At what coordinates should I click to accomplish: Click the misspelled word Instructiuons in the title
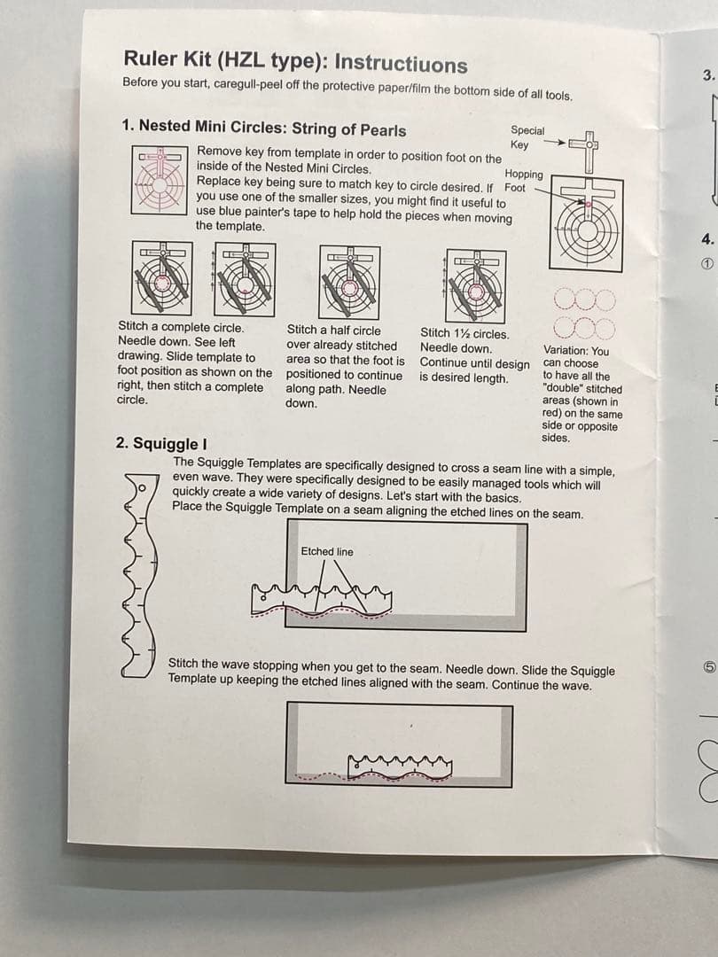pyautogui.click(x=402, y=64)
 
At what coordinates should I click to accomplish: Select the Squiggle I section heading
pyautogui.click(x=161, y=443)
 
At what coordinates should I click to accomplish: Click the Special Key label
pyautogui.click(x=527, y=137)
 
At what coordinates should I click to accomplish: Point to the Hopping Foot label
pyautogui.click(x=523, y=181)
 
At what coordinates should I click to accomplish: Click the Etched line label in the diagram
pyautogui.click(x=326, y=551)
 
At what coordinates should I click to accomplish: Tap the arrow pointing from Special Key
pyautogui.click(x=554, y=142)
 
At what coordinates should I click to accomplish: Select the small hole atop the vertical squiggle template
pyautogui.click(x=142, y=487)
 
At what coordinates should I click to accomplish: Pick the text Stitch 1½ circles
pyautogui.click(x=464, y=333)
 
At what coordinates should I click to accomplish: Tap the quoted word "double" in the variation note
pyautogui.click(x=562, y=388)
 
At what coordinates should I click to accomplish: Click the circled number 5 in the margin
pyautogui.click(x=708, y=667)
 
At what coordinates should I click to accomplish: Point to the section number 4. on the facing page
pyautogui.click(x=707, y=239)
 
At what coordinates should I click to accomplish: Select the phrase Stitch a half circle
pyautogui.click(x=333, y=331)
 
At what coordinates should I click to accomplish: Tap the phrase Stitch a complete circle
pyautogui.click(x=181, y=327)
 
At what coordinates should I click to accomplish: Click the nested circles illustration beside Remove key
pyautogui.click(x=160, y=179)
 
